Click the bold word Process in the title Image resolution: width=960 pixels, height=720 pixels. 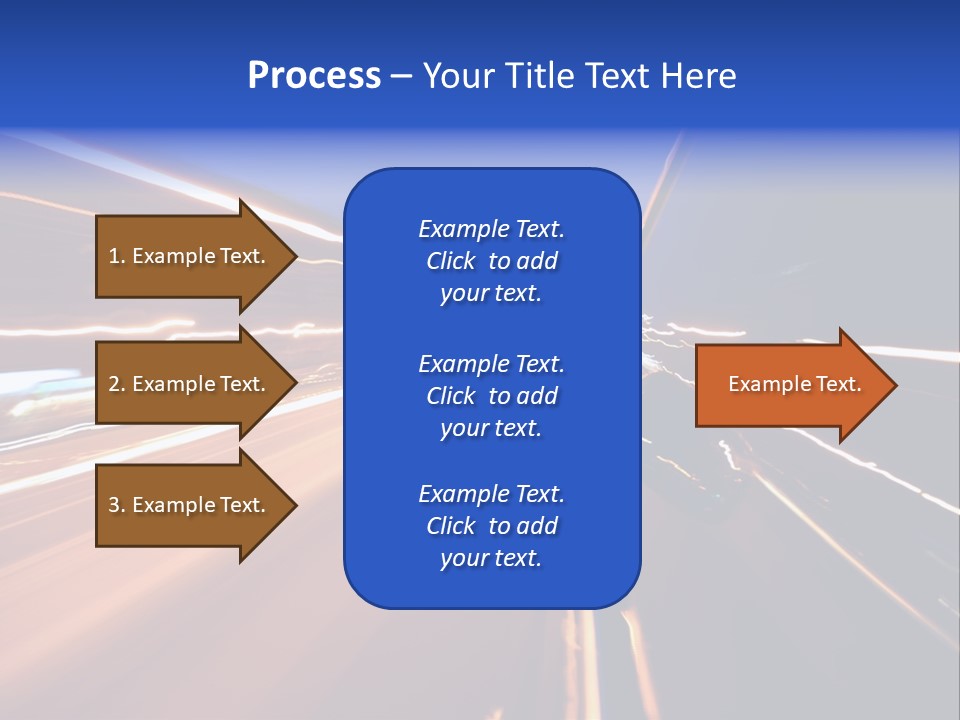[314, 76]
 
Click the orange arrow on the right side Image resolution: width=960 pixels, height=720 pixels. [790, 385]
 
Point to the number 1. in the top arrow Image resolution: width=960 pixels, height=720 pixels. [117, 256]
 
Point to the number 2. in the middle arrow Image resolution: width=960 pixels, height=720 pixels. [117, 384]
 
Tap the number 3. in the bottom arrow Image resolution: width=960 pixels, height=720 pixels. [117, 505]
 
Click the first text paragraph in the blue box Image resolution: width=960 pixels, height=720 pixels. [491, 261]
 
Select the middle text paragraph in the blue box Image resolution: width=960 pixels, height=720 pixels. [491, 396]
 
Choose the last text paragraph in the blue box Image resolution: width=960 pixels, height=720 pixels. [491, 526]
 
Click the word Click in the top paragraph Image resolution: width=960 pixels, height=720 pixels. [450, 261]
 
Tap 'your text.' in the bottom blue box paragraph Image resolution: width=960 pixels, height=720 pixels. [491, 559]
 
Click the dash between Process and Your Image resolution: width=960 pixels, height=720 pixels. [401, 77]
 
